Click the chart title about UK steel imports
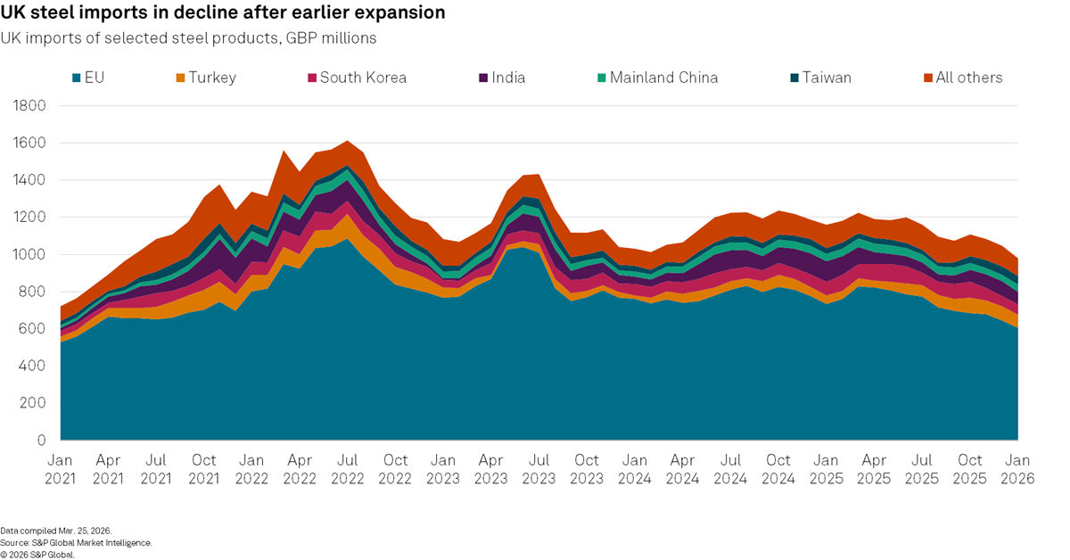tap(223, 13)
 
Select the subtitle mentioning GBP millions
tap(188, 38)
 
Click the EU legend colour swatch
tap(77, 78)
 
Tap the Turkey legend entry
tap(205, 78)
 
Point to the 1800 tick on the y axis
tap(31, 106)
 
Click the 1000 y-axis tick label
tap(31, 255)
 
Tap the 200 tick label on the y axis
tap(35, 403)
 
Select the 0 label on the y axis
tap(42, 441)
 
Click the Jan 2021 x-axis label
tap(61, 469)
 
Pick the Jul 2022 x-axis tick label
tap(347, 469)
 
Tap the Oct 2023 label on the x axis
tap(587, 469)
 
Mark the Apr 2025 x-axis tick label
tap(874, 469)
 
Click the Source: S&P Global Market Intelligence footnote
tap(76, 542)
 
